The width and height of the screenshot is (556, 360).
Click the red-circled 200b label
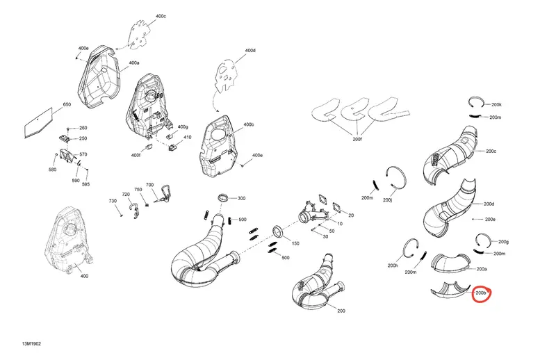pos(480,293)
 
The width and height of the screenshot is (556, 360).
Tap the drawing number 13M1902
pos(31,344)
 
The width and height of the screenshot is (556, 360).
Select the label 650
pos(67,104)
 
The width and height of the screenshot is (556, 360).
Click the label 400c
pos(161,16)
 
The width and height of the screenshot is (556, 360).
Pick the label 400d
pos(250,50)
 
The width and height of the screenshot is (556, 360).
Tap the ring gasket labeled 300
pos(223,197)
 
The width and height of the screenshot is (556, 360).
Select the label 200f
pos(357,140)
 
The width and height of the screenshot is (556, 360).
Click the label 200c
pos(491,151)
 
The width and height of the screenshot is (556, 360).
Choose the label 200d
pos(489,204)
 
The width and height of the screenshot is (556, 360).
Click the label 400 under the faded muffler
pos(84,276)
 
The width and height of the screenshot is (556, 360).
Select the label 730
pos(113,201)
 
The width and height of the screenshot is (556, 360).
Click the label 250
pos(83,138)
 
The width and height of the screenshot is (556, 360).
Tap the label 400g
pos(183,126)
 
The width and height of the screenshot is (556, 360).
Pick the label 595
pos(85,184)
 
